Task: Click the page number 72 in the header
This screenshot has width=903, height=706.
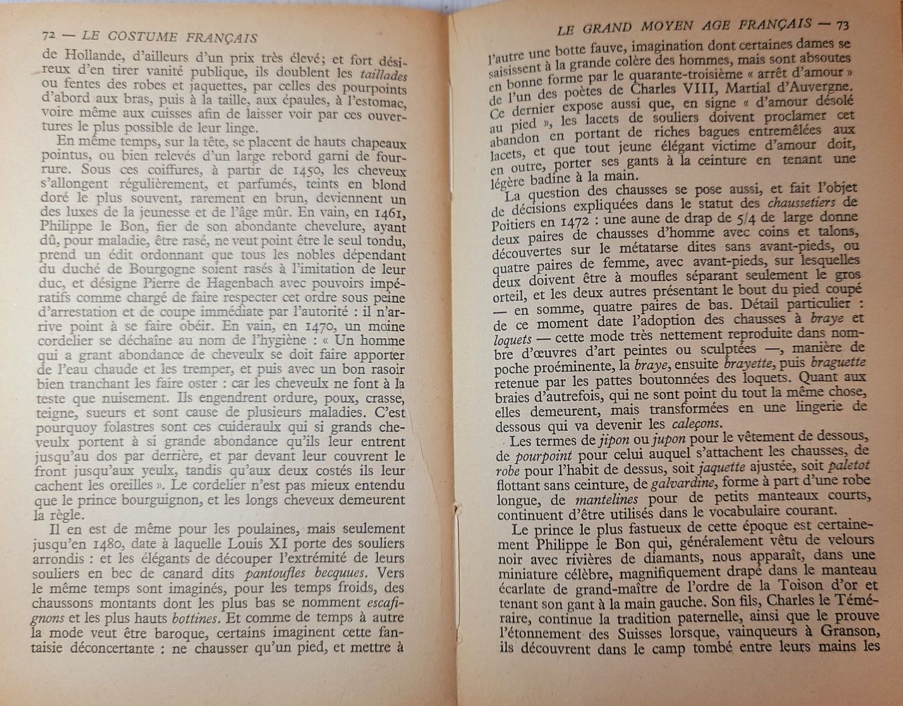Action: (49, 36)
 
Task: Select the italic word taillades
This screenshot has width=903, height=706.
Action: (384, 73)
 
